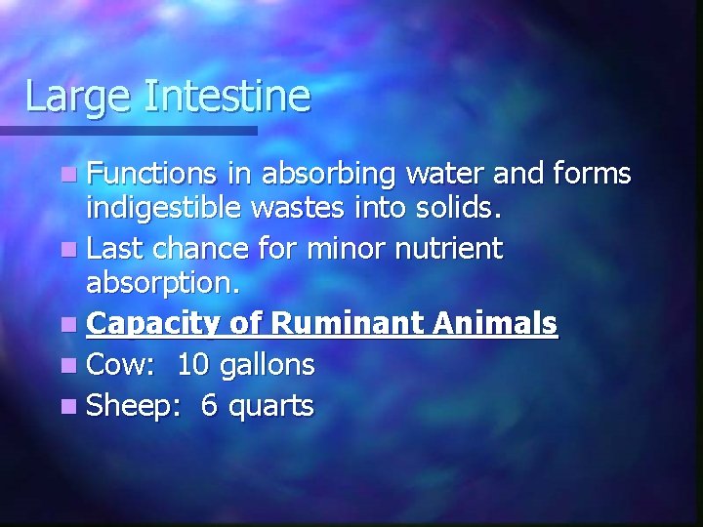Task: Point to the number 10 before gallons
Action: pyautogui.click(x=193, y=364)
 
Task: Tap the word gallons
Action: pyautogui.click(x=267, y=366)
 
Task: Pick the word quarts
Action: pyautogui.click(x=270, y=406)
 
